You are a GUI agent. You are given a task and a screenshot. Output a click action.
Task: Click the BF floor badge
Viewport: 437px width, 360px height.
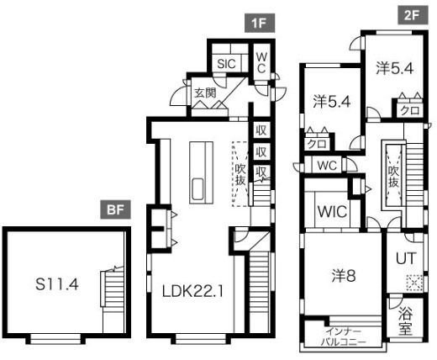pyautogui.click(x=115, y=209)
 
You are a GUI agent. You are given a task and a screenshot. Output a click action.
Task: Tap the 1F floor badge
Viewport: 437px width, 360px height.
pyautogui.click(x=260, y=23)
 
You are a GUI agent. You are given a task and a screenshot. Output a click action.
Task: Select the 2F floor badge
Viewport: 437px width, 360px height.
pyautogui.click(x=413, y=15)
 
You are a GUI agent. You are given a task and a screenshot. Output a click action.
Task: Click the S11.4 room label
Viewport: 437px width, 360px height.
pyautogui.click(x=57, y=285)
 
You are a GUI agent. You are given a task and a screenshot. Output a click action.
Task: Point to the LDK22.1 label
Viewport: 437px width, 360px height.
pyautogui.click(x=193, y=292)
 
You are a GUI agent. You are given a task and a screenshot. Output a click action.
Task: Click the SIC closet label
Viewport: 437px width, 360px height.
pyautogui.click(x=227, y=64)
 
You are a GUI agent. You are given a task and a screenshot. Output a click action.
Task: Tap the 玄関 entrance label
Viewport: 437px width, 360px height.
pyautogui.click(x=205, y=93)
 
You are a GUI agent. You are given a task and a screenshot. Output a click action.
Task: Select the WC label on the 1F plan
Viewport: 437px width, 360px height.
pyautogui.click(x=261, y=63)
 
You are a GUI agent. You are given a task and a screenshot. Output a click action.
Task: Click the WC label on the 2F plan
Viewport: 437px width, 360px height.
pyautogui.click(x=327, y=166)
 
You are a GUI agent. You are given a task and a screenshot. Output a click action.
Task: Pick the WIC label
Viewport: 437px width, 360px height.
pyautogui.click(x=333, y=212)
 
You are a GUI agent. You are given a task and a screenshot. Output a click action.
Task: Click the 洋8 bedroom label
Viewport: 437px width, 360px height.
pyautogui.click(x=344, y=276)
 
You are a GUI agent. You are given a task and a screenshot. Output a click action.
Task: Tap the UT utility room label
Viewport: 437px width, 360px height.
pyautogui.click(x=406, y=258)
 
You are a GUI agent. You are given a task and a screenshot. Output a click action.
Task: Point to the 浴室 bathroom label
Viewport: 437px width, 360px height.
pyautogui.click(x=405, y=321)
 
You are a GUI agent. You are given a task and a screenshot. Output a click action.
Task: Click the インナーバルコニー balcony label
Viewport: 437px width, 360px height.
pyautogui.click(x=343, y=337)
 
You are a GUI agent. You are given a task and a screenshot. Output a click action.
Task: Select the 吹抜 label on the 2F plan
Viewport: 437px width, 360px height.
pyautogui.click(x=393, y=177)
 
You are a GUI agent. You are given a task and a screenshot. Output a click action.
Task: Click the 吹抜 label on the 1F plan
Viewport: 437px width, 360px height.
pyautogui.click(x=240, y=174)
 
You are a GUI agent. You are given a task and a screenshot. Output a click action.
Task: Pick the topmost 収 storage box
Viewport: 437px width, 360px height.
pyautogui.click(x=261, y=130)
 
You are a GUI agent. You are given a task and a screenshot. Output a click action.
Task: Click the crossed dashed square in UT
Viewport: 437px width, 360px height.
pyautogui.click(x=414, y=283)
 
